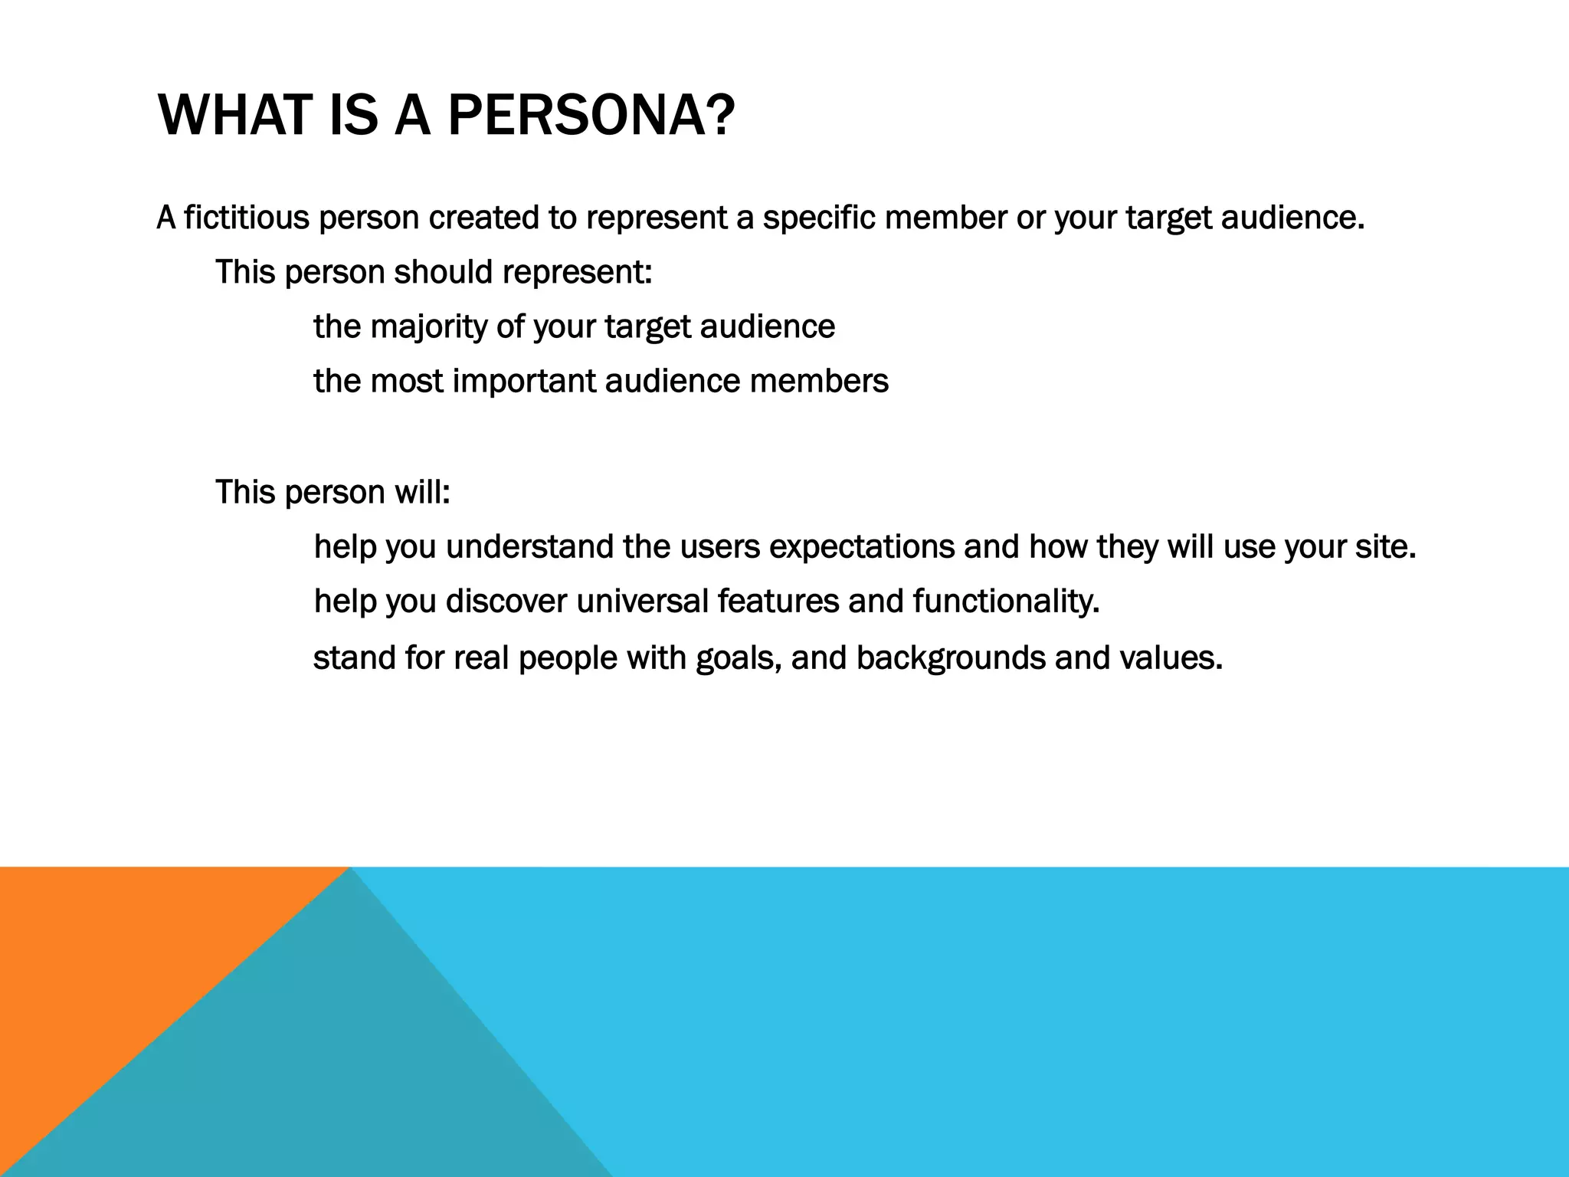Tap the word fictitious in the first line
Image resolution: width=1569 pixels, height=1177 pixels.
[x=247, y=218]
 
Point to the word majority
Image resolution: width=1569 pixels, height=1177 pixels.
[x=428, y=327]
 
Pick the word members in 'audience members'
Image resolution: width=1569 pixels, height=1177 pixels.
[x=819, y=381]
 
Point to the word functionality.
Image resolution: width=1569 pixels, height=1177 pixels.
[x=1006, y=601]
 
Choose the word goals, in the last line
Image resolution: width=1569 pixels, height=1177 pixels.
[x=739, y=658]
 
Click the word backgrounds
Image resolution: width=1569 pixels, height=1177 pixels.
[x=950, y=658]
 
